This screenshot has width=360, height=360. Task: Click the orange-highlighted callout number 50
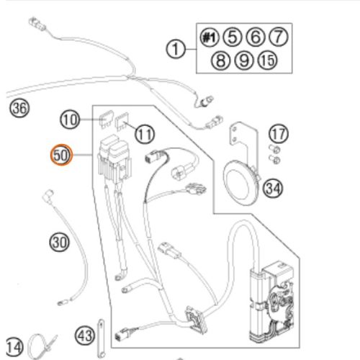pyautogui.click(x=61, y=155)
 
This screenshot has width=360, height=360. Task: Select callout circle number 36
pyautogui.click(x=19, y=108)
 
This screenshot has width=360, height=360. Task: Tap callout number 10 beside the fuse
pyautogui.click(x=70, y=120)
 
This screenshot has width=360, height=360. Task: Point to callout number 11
pyautogui.click(x=145, y=134)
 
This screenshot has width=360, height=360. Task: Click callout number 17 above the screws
pyautogui.click(x=279, y=134)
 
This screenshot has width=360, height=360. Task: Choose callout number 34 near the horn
pyautogui.click(x=273, y=189)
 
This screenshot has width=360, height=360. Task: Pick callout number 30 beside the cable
pyautogui.click(x=59, y=242)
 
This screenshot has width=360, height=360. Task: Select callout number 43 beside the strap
pyautogui.click(x=85, y=336)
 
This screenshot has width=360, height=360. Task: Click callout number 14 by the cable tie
pyautogui.click(x=14, y=347)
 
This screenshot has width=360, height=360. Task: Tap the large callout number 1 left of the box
pyautogui.click(x=176, y=49)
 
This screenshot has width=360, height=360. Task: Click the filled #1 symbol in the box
pyautogui.click(x=210, y=37)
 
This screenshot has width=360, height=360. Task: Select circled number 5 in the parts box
pyautogui.click(x=232, y=37)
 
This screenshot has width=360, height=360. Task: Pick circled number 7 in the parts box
pyautogui.click(x=278, y=37)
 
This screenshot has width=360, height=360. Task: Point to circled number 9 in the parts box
pyautogui.click(x=243, y=60)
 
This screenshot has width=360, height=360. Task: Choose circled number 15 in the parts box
pyautogui.click(x=267, y=60)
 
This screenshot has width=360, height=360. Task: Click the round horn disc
pyautogui.click(x=240, y=182)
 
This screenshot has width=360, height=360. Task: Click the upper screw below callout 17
pyautogui.click(x=275, y=149)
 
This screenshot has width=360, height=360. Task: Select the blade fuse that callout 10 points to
pyautogui.click(x=106, y=119)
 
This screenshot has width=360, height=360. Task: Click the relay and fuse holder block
pyautogui.click(x=114, y=160)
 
